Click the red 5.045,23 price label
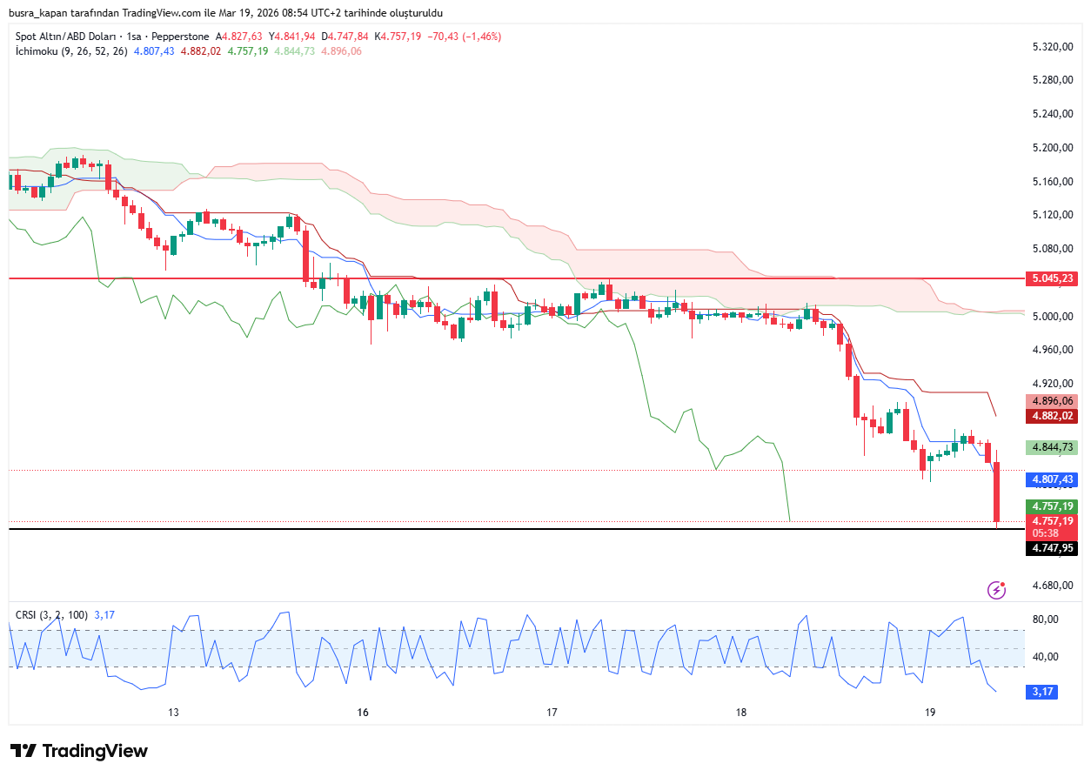[x=1051, y=278]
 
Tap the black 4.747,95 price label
[x=1051, y=548]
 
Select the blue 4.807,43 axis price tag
[x=1051, y=479]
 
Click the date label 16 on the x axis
[x=363, y=713]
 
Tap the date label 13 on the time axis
[x=173, y=713]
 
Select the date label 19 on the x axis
[x=930, y=713]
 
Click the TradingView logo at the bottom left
[x=79, y=751]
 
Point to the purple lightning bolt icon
[x=997, y=591]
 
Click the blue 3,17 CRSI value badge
[x=1042, y=692]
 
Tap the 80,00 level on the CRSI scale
[x=1044, y=620]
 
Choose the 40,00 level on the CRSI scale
[x=1044, y=657]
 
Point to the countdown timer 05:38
[x=1044, y=533]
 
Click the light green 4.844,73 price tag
[x=1051, y=447]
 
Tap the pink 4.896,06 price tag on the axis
[x=1051, y=401]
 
